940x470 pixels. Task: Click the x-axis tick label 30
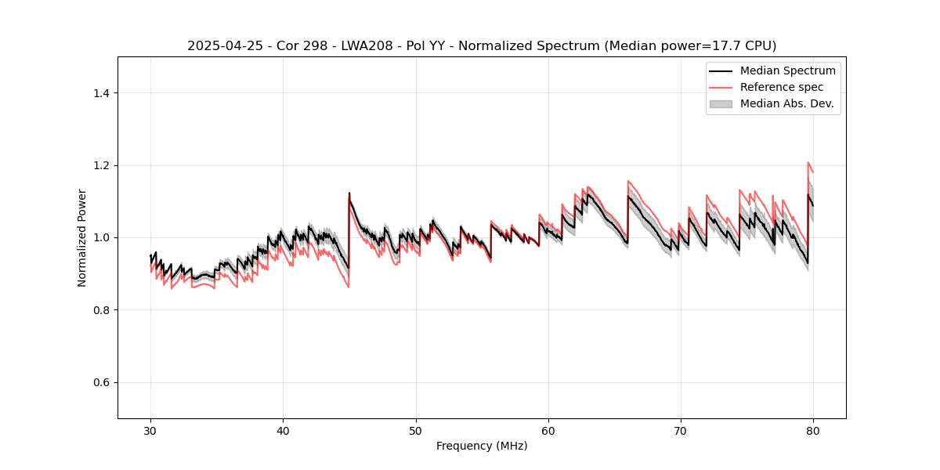(150, 430)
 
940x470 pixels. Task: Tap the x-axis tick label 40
(283, 430)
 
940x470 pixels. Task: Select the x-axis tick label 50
(416, 430)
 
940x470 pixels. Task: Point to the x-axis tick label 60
(548, 430)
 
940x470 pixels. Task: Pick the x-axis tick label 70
(681, 430)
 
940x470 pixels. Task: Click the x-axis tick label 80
(813, 430)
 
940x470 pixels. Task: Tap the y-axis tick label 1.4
(101, 93)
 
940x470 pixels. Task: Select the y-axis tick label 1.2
(101, 165)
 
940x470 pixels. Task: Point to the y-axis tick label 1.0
(101, 237)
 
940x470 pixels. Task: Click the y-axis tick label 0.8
(101, 310)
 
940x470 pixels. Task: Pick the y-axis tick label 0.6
(101, 382)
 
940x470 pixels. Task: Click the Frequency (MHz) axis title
(482, 446)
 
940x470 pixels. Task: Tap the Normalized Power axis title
(82, 237)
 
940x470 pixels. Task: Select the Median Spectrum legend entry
(787, 70)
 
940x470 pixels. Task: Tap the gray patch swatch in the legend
(721, 103)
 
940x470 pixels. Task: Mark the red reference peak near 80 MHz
(808, 163)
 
